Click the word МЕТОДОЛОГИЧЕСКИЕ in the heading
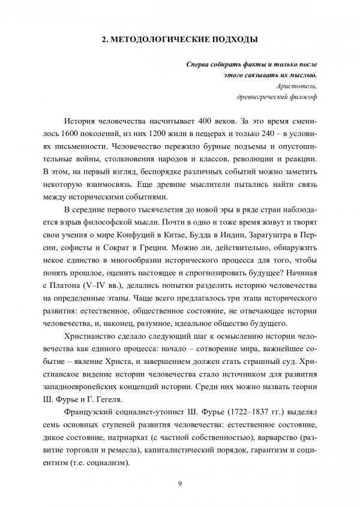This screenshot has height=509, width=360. [157, 40]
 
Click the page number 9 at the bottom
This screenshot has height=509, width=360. [179, 485]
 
